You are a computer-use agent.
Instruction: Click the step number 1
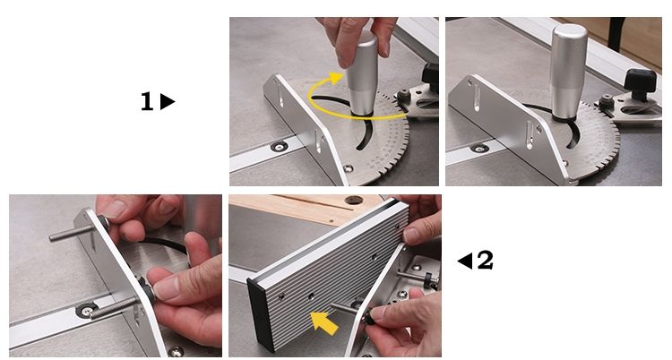tap(147, 101)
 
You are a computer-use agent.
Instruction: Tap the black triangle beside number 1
tap(168, 102)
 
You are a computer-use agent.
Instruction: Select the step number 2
tap(485, 260)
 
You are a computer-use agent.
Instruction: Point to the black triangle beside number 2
tap(464, 261)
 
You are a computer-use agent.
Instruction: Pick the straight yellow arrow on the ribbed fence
tap(323, 323)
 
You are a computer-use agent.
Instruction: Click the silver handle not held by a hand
tap(568, 72)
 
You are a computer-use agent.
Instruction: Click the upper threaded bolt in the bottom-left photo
tap(72, 234)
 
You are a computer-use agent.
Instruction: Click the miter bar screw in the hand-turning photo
tap(279, 148)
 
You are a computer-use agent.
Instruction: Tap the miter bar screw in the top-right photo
tap(479, 149)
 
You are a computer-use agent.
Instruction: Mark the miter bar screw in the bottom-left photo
tap(87, 310)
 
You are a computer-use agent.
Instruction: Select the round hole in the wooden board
tap(354, 200)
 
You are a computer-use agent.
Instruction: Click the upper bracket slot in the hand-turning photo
tap(280, 95)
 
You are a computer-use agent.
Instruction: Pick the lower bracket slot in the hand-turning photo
tap(318, 141)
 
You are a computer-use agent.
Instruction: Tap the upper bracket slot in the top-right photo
tap(477, 98)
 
